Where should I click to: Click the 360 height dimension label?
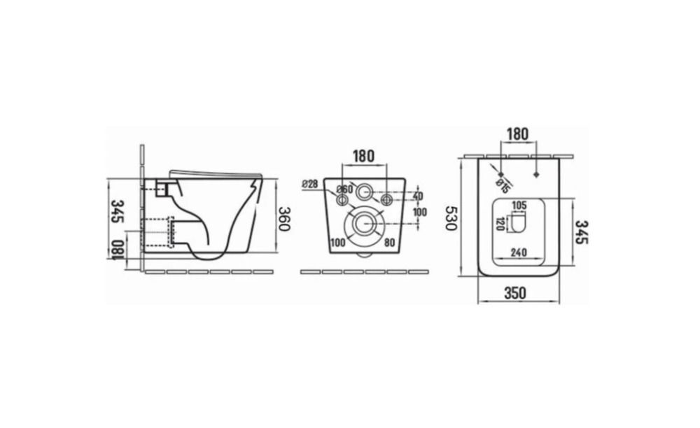284,218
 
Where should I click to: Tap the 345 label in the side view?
118,211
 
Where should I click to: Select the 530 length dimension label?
451,218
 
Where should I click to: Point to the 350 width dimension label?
515,293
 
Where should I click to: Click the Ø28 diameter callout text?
309,184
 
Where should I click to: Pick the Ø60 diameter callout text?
344,190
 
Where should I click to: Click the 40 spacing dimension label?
418,197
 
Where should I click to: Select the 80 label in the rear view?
389,243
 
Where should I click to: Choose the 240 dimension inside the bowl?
518,252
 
